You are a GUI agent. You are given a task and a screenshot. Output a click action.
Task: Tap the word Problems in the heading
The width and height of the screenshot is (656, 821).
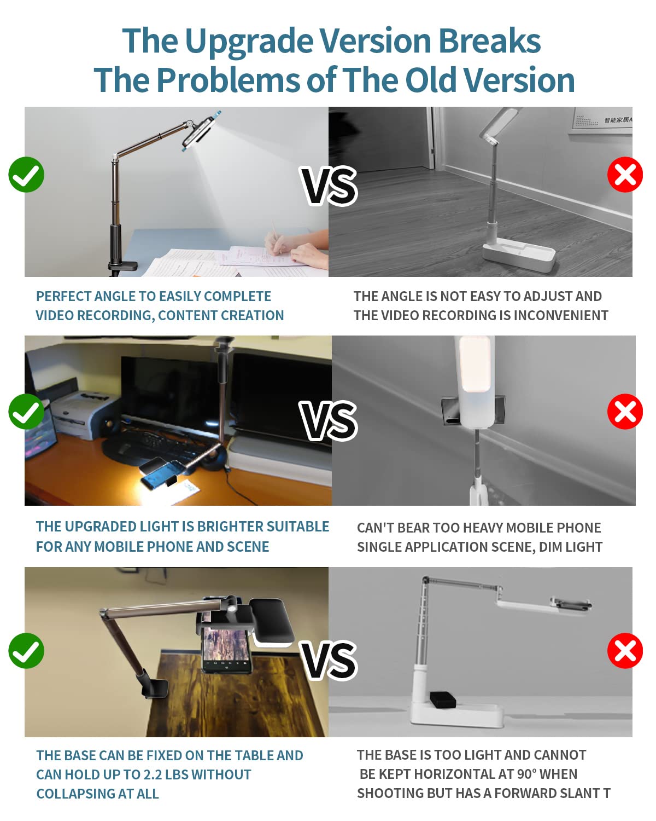[x=229, y=80]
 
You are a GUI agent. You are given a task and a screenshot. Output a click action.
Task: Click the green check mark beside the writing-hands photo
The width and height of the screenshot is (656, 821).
[x=26, y=175]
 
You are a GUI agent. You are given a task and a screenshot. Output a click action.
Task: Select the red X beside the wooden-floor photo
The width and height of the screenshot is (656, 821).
[x=625, y=175]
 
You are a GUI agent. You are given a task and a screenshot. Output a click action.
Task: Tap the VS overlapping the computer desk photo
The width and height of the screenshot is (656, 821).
[x=328, y=420]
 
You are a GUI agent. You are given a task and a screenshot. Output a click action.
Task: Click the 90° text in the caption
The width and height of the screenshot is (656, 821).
[x=526, y=774]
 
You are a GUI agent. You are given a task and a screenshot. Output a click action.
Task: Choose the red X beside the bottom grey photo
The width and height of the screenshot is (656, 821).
[x=625, y=651]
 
